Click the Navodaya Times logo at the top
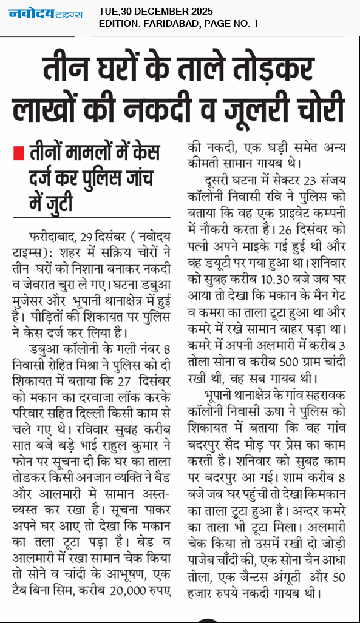[x=45, y=13]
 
